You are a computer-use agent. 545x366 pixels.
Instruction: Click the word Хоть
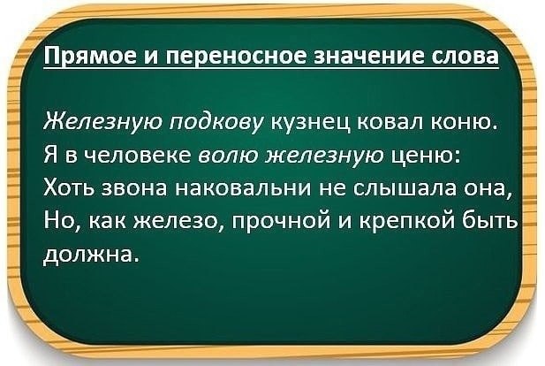[x=72, y=188]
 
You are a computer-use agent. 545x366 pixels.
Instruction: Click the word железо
[x=178, y=222]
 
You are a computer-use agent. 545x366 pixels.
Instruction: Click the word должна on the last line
[x=88, y=255]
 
